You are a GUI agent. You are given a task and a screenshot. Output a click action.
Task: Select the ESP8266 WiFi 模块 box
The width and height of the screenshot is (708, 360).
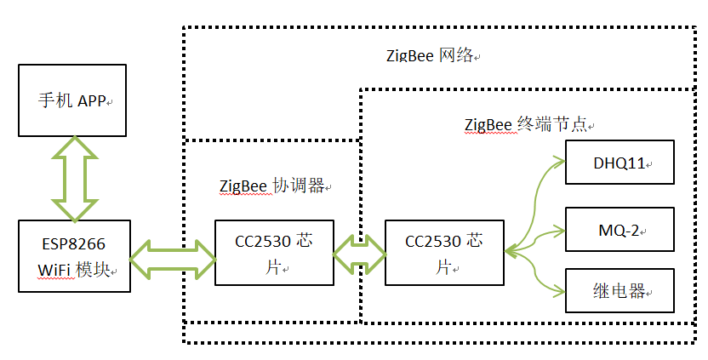point(74,256)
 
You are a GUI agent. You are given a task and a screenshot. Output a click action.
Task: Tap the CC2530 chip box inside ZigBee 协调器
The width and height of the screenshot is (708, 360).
point(273,253)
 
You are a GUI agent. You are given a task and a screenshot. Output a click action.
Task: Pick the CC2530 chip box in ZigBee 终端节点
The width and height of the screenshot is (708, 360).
point(443,253)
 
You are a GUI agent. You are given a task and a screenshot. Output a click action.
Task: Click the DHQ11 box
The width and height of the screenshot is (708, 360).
point(620,162)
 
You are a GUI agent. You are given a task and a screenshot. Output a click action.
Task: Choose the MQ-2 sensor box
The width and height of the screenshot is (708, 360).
point(620,230)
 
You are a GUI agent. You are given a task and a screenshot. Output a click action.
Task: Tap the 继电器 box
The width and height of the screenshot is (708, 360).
point(620,291)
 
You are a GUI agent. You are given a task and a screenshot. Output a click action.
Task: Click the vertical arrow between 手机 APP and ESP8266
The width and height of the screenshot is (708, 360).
point(74,178)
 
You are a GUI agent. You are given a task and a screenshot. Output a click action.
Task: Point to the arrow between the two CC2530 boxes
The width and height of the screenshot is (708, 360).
point(359,253)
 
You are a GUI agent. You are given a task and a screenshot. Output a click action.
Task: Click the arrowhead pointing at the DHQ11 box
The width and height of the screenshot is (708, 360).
point(558,161)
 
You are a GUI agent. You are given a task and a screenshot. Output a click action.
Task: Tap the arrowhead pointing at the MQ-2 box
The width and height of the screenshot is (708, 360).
point(558,230)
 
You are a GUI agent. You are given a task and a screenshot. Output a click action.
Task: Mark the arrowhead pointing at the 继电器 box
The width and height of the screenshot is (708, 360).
point(558,290)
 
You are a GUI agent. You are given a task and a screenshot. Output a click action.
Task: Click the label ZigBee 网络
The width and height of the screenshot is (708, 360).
point(432,56)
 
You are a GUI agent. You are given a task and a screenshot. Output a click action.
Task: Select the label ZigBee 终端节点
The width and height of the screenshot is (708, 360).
point(526,124)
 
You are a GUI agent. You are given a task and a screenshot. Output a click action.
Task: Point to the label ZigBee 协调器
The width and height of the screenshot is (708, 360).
point(271,186)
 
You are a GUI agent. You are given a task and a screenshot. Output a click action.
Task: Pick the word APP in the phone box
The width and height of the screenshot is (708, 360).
point(91,100)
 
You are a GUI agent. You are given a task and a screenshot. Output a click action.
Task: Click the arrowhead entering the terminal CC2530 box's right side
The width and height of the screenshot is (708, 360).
point(511,251)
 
